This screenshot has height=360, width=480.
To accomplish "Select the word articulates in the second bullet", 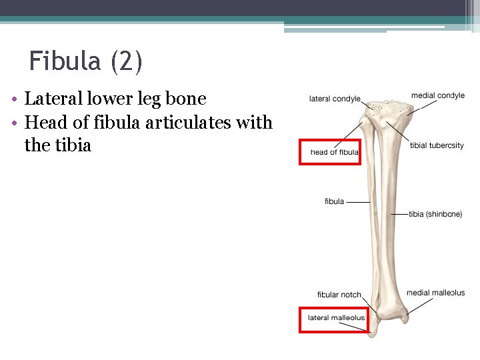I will point(199,123).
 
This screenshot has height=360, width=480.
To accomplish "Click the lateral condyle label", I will point(335,99).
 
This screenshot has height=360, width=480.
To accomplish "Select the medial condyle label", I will point(437,95).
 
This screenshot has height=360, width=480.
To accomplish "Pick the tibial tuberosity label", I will point(437,145).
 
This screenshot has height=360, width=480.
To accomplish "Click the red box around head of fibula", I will point(330,152).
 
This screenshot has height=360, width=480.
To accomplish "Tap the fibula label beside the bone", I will point(334,201).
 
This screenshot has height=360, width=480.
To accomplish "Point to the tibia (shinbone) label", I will point(435,214).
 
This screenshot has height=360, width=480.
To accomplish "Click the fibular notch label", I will point(339,295).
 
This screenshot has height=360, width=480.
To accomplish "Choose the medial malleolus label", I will point(435,293).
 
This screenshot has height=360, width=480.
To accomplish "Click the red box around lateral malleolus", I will point(334,319).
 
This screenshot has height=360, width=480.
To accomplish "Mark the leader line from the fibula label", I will point(358,201).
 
